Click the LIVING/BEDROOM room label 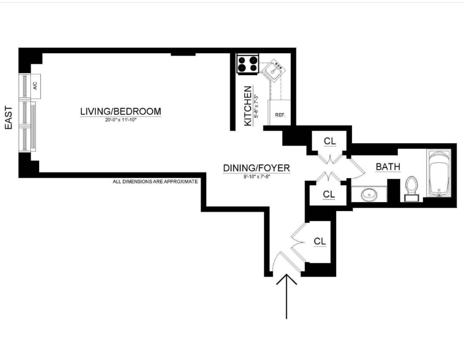coord(120,111)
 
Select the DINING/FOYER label coord(257,167)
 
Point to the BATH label coord(387,167)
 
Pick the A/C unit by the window coord(35,86)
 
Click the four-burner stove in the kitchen coord(248,64)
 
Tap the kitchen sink coord(274,71)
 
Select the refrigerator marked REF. coord(280,115)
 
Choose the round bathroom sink coord(369,195)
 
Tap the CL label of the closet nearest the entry coord(320,242)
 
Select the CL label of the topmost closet coord(330,142)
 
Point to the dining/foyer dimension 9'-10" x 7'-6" coord(257,176)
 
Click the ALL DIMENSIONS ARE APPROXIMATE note coord(156,182)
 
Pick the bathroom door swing coord(355,168)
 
